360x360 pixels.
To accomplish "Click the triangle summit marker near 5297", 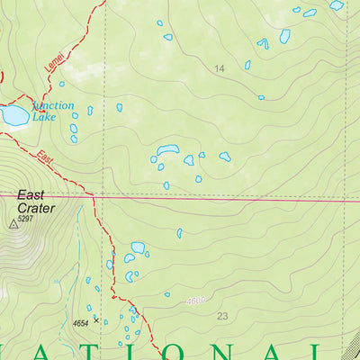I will point(13,226).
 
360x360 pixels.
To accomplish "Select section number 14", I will point(219,68).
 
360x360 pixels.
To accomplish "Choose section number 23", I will point(223,315).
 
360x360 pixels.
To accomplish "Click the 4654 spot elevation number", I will point(81,322).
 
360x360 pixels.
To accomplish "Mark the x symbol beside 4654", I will point(95,319).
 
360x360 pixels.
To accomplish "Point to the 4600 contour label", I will point(197,301).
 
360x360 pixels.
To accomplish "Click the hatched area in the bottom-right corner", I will point(351,346).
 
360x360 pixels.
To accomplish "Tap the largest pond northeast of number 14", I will point(285,36).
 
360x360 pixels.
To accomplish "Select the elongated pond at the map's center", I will point(167,150).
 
